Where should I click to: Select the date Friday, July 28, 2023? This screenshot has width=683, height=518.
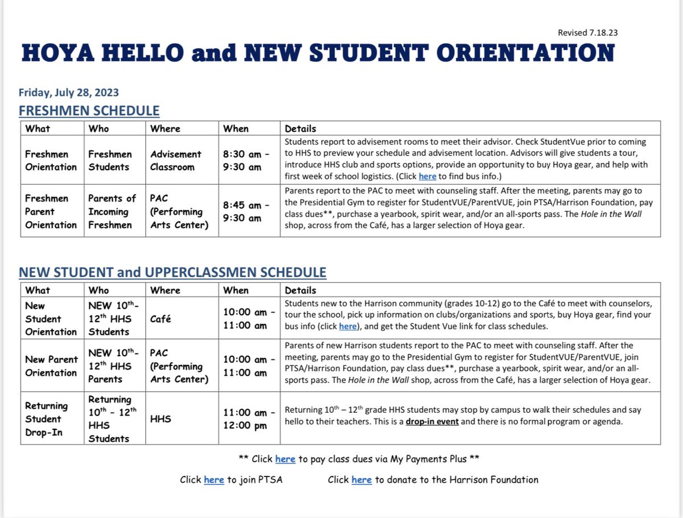tap(69, 93)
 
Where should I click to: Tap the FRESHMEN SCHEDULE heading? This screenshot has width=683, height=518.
tap(89, 110)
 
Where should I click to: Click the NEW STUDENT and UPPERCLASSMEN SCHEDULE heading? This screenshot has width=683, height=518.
tap(172, 272)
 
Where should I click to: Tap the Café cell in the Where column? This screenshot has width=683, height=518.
tap(162, 319)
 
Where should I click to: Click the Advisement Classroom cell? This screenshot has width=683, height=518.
tap(176, 161)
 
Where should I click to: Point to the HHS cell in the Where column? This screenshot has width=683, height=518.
tap(161, 418)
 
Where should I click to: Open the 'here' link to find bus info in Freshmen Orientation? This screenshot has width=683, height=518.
tap(427, 176)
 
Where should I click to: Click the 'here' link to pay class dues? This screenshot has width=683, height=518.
tap(285, 459)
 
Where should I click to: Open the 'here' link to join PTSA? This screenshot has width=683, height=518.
tap(213, 480)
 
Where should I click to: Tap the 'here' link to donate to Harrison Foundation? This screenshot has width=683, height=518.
tap(361, 480)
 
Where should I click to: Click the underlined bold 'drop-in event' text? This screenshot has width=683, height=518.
tap(432, 422)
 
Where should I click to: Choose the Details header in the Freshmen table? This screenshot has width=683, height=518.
tap(301, 129)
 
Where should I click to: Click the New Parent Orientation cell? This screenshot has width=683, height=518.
tap(51, 366)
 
